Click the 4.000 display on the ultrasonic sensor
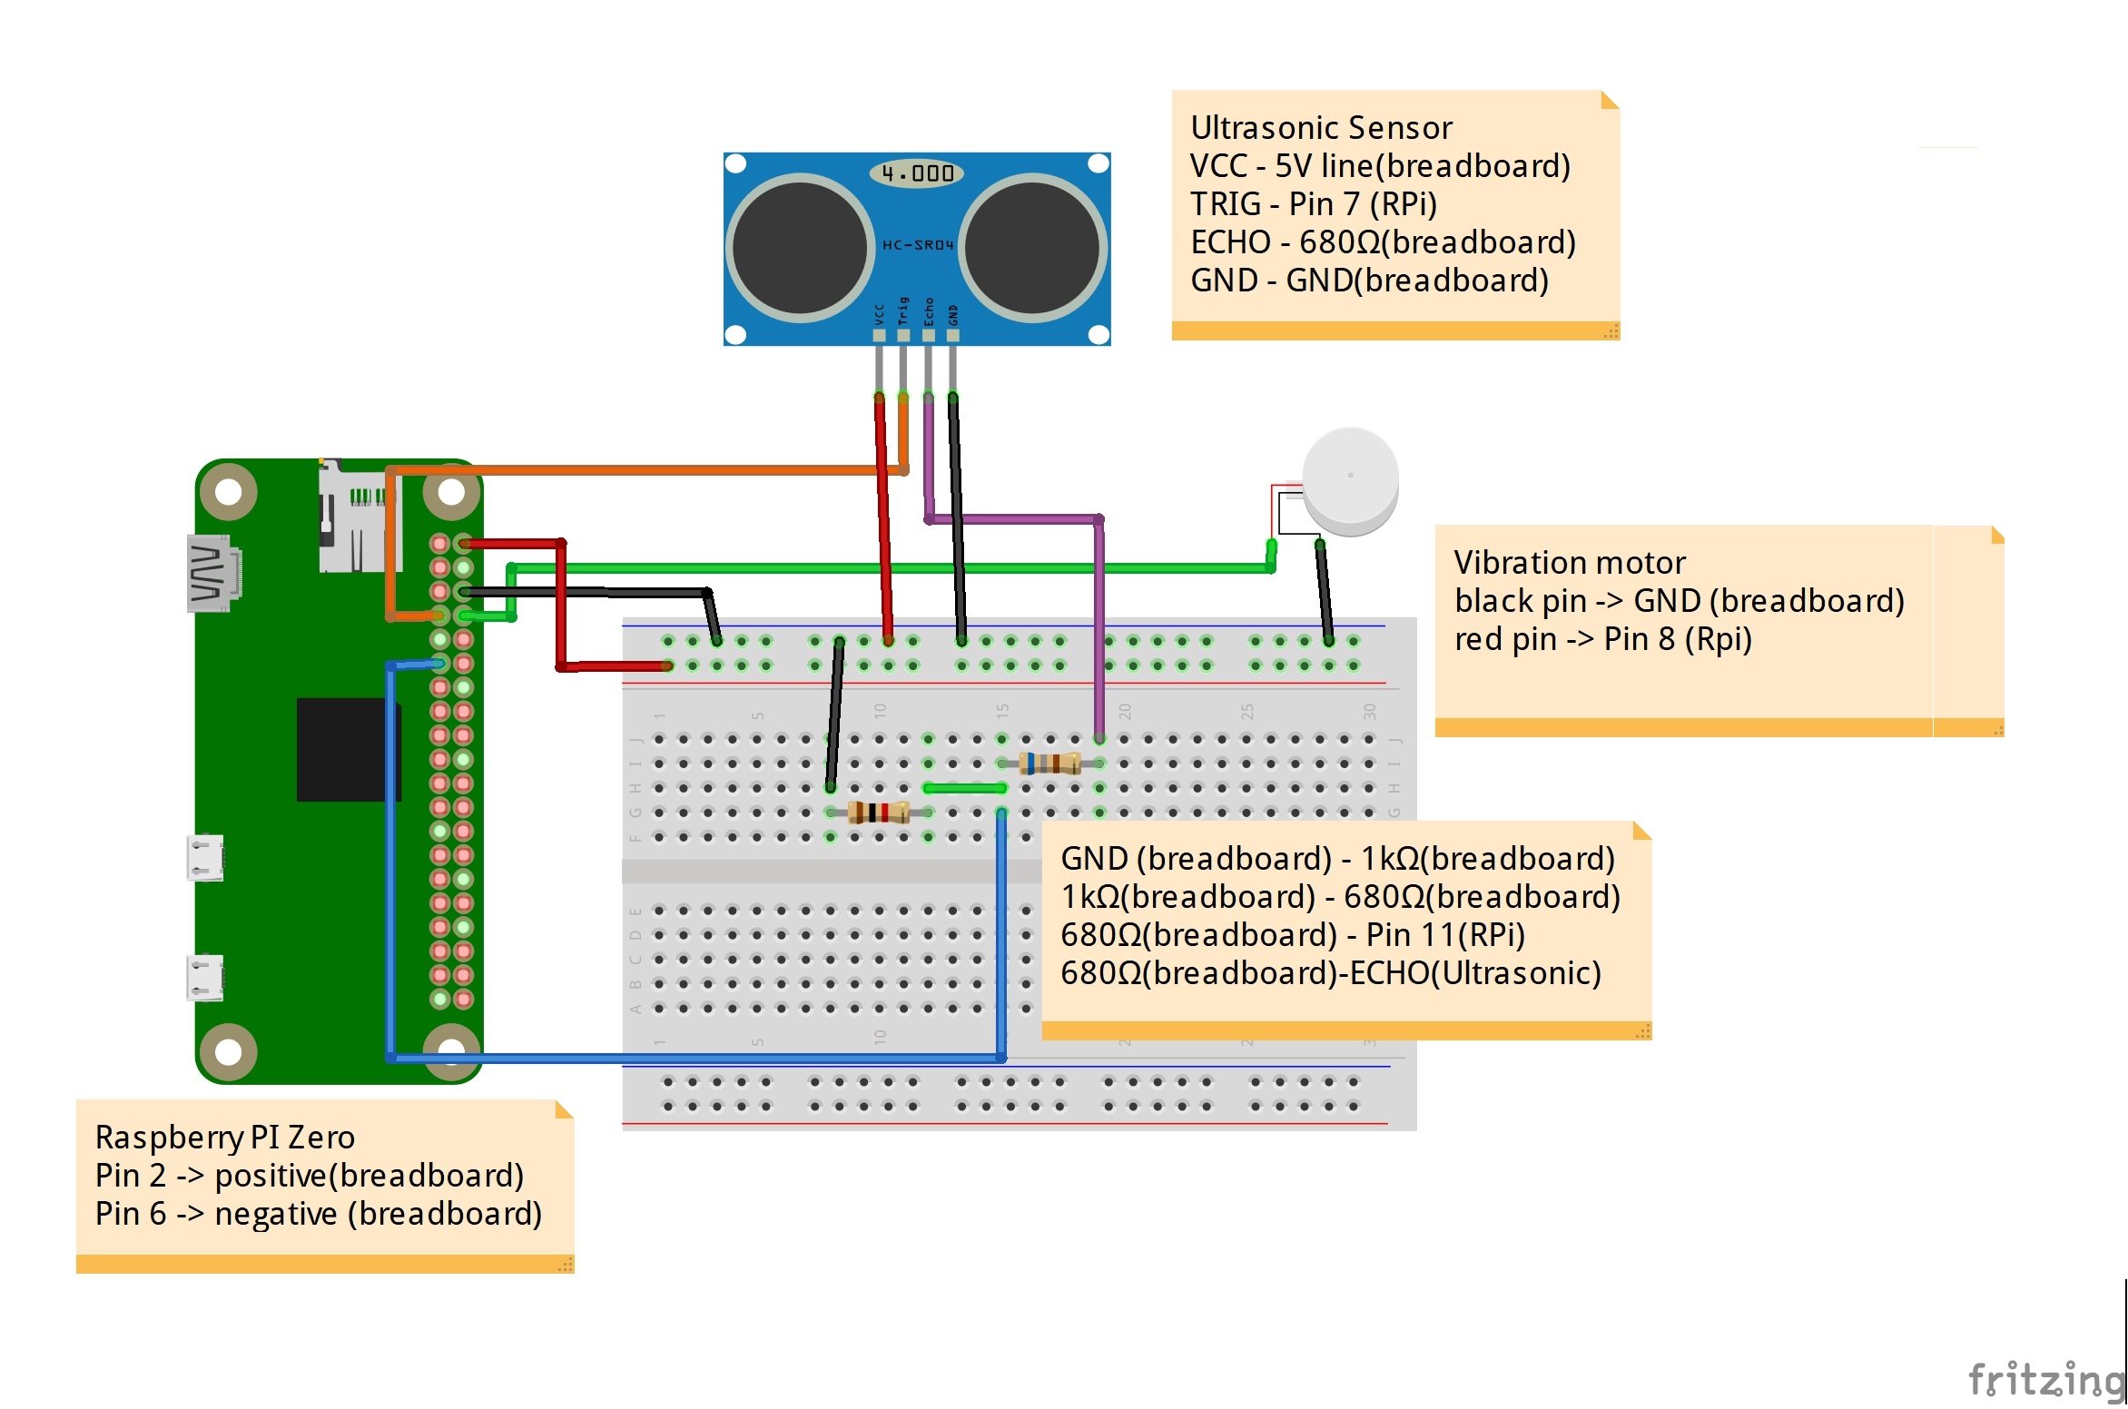click(916, 172)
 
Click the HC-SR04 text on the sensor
click(918, 245)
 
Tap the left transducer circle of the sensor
click(799, 248)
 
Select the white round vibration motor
click(1350, 479)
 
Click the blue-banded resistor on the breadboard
click(1049, 764)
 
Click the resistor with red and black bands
click(878, 813)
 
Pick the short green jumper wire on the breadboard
click(964, 788)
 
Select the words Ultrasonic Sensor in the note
click(1321, 128)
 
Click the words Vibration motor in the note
click(1569, 563)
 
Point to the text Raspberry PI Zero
click(224, 1138)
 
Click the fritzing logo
click(2045, 1380)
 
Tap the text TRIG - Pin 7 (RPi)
click(1313, 204)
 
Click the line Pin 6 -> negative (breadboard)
click(318, 1214)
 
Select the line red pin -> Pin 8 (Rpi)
click(1602, 639)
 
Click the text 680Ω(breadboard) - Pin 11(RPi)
click(1292, 935)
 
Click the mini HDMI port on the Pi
click(211, 574)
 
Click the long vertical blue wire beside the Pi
click(391, 862)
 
